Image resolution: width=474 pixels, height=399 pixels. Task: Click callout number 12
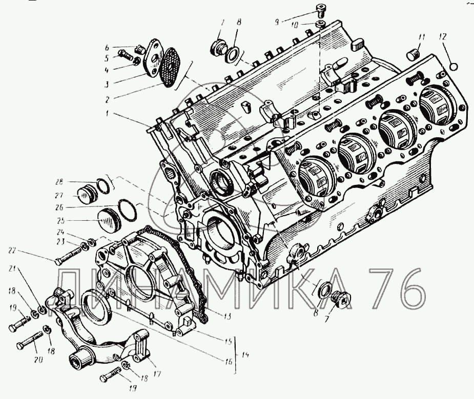[442, 36]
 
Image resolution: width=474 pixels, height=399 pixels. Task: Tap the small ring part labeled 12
[454, 65]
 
